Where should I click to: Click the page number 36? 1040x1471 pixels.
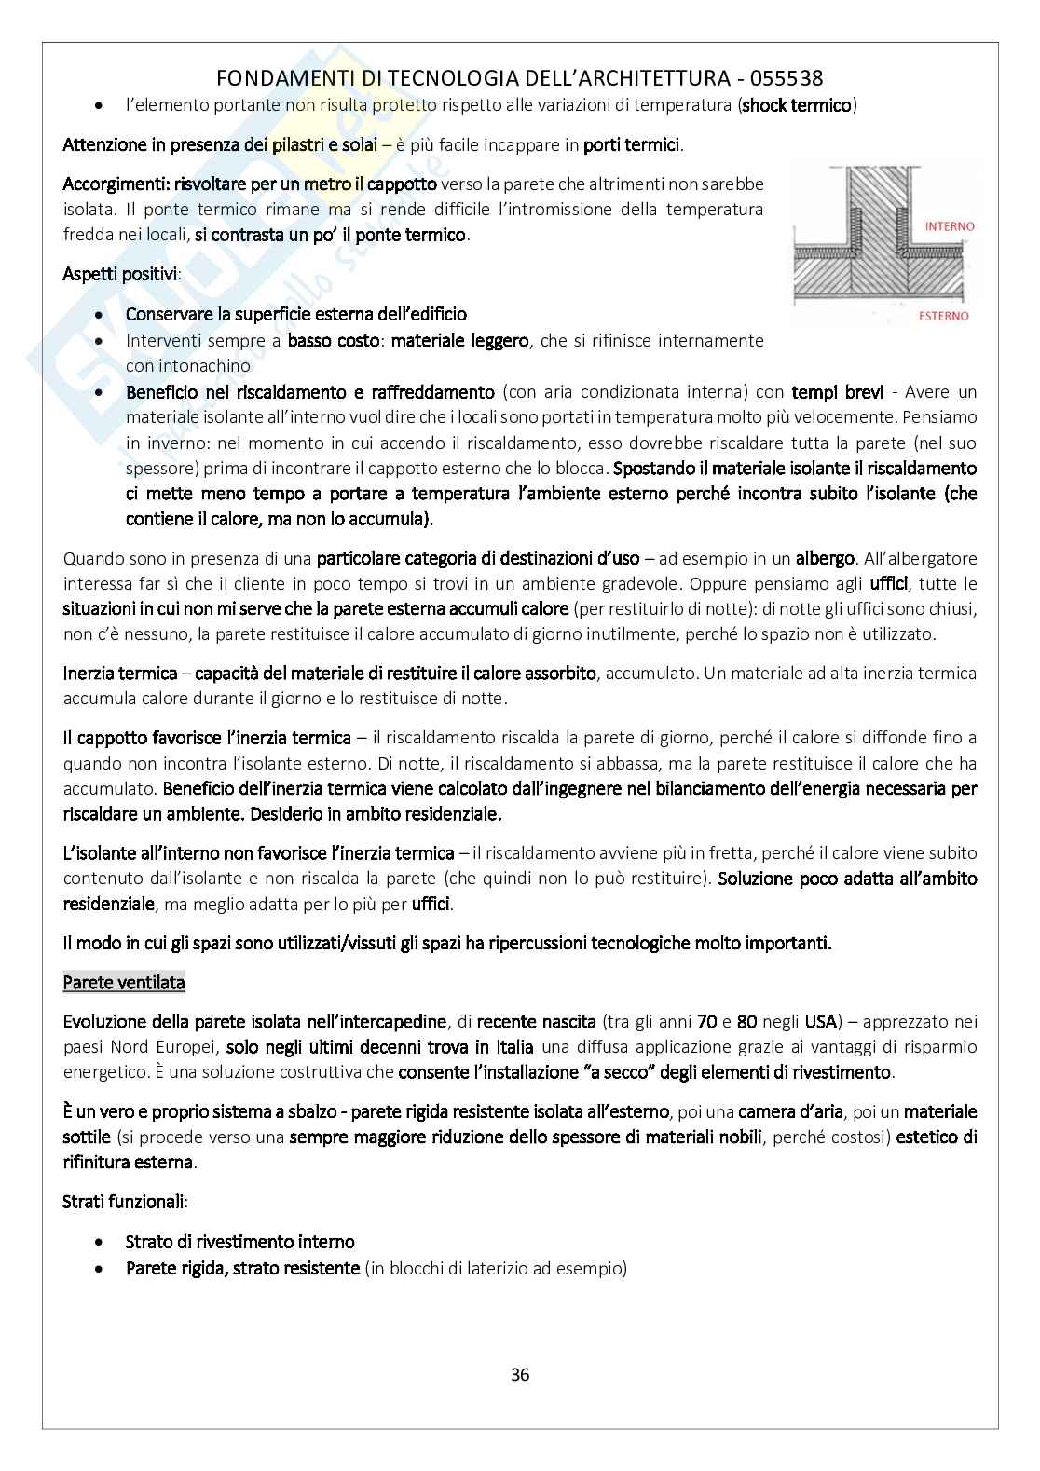click(x=520, y=1374)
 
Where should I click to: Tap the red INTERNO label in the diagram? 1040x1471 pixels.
click(x=950, y=226)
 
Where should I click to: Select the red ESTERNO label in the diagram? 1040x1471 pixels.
click(x=944, y=315)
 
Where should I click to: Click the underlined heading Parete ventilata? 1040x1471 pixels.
click(x=124, y=982)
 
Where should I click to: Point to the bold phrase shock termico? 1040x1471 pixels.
click(x=797, y=105)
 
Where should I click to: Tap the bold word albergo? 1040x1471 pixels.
click(x=825, y=559)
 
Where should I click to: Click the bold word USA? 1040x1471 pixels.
click(x=820, y=1022)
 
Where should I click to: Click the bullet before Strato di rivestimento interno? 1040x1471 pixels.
click(x=100, y=1242)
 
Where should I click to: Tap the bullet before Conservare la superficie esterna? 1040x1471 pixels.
click(x=100, y=315)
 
